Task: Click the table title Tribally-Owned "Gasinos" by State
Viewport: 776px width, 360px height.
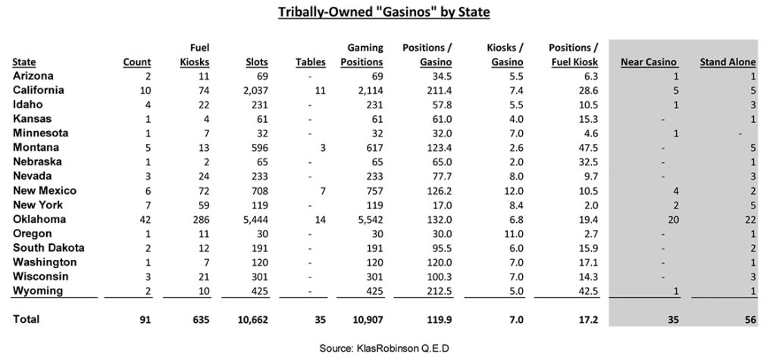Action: (384, 12)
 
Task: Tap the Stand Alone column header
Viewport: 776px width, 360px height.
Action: (727, 62)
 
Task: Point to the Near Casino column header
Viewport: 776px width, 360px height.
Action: (649, 62)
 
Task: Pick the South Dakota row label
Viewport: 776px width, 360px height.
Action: (48, 248)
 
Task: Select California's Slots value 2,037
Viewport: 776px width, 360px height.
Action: (256, 91)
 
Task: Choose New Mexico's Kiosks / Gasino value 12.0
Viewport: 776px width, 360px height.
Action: (514, 191)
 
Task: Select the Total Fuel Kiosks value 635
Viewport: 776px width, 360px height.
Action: (202, 320)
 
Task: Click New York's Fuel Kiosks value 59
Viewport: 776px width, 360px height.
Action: (204, 205)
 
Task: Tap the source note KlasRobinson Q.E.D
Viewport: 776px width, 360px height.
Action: (384, 349)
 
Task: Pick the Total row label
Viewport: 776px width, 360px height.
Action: (26, 319)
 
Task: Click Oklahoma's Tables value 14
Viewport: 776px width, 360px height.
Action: (320, 219)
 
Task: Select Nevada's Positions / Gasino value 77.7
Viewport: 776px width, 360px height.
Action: (443, 177)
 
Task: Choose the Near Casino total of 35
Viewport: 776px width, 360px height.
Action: (673, 320)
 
